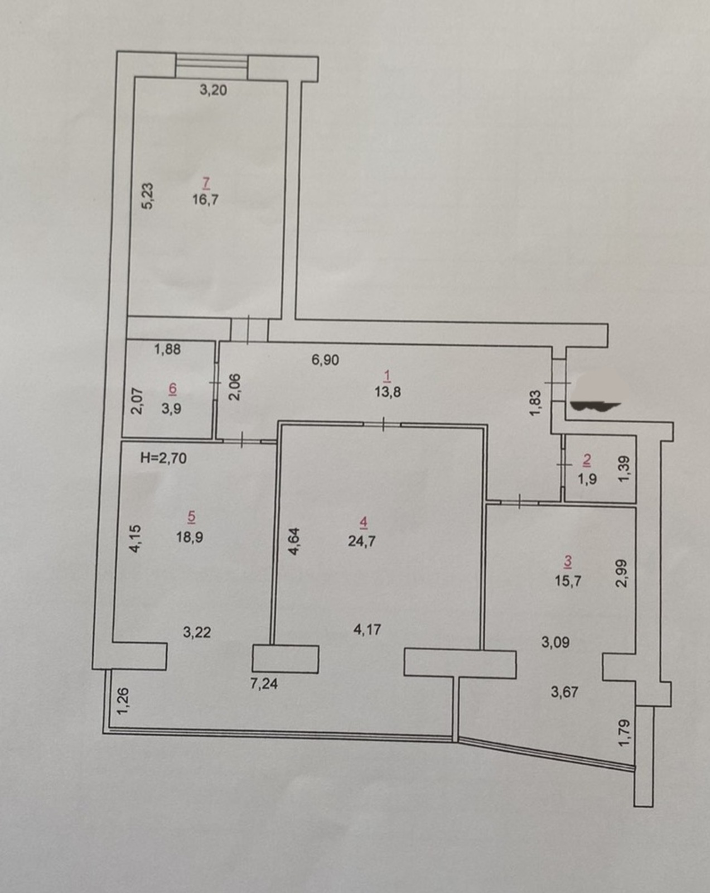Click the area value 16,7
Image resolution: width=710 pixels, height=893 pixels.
tap(205, 200)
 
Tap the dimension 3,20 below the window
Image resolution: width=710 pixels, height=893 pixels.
tap(214, 90)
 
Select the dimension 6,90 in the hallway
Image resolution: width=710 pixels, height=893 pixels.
tap(325, 359)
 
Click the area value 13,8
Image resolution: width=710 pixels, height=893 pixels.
tap(388, 392)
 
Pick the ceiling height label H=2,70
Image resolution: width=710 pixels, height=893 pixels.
tap(163, 458)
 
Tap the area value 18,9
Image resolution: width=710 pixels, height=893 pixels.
tap(190, 537)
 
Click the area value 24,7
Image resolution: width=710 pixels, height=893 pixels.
tap(362, 541)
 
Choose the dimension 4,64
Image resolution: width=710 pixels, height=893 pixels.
tap(293, 541)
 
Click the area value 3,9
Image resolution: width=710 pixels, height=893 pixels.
tap(171, 409)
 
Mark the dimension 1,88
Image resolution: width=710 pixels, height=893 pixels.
tap(167, 349)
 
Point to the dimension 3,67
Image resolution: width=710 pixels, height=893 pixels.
tap(564, 692)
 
